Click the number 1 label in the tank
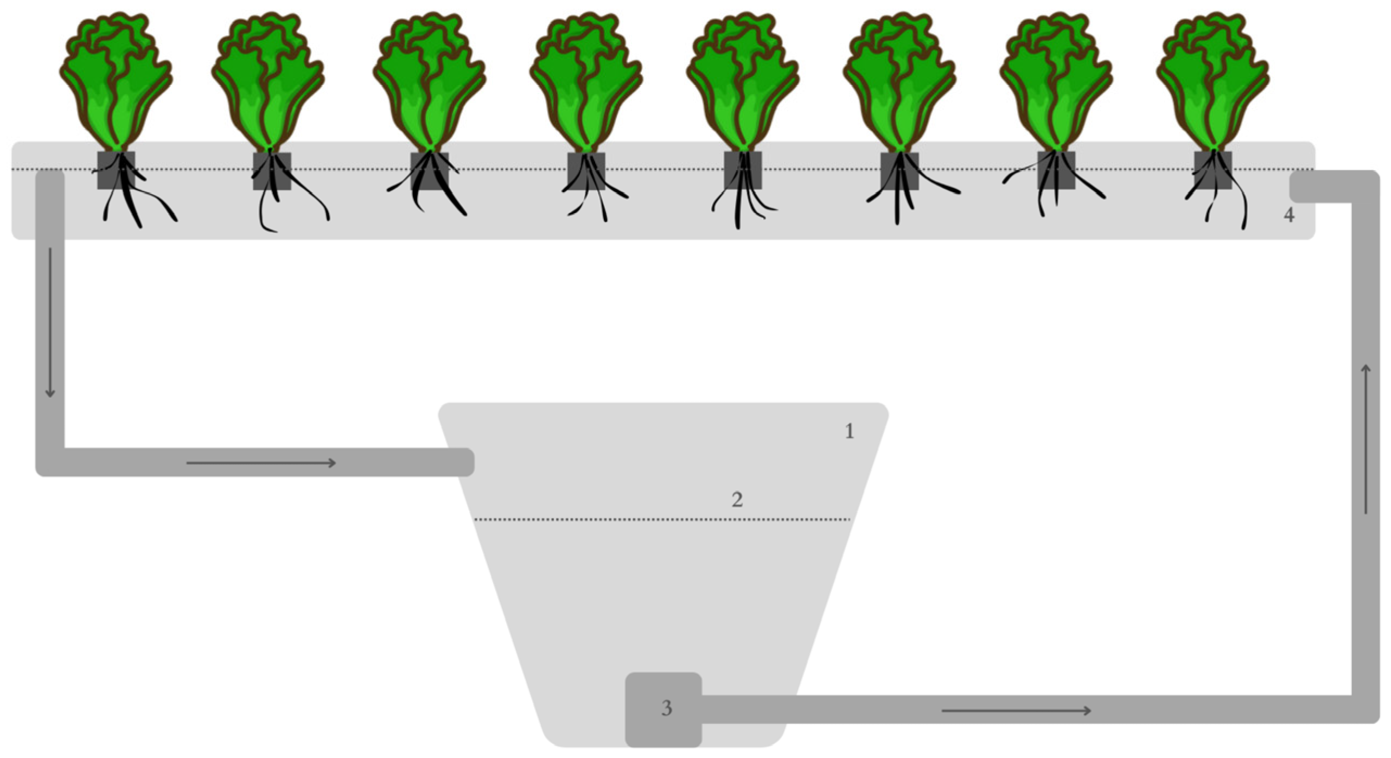coord(850,431)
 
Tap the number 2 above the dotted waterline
coord(737,500)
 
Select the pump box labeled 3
coord(663,709)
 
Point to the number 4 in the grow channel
coord(1289,215)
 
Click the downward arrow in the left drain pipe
coord(50,322)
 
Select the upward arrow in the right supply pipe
coord(1366,439)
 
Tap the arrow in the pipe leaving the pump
coord(1016,711)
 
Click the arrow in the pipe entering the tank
coord(261,463)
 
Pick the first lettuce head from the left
coord(116,81)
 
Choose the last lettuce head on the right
coord(1213,81)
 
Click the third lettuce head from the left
coord(430,81)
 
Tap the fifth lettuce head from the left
coord(743,81)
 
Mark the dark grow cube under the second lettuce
coord(272,171)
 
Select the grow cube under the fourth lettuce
coord(586,171)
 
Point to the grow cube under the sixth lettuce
coord(899,171)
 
